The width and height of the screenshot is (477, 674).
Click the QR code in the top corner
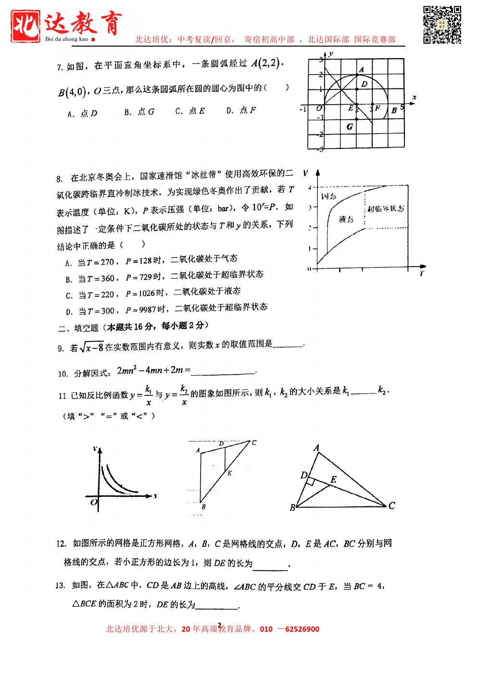[442, 25]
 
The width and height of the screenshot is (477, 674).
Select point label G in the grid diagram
[350, 127]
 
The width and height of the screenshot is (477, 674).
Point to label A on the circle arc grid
[362, 70]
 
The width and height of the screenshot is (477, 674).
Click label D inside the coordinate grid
[364, 84]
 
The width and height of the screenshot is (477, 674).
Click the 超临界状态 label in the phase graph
[386, 208]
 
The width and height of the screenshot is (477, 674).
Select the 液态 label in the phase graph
[346, 220]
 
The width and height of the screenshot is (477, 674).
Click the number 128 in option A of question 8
[145, 261]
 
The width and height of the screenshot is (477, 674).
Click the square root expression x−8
[92, 347]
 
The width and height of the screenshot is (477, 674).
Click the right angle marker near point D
[311, 481]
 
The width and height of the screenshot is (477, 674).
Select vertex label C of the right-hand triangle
[392, 505]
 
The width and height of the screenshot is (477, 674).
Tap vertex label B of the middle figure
[203, 507]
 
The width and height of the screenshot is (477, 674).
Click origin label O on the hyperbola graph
[93, 502]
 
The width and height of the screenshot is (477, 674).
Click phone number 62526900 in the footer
[302, 629]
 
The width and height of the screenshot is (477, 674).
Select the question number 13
[60, 586]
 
